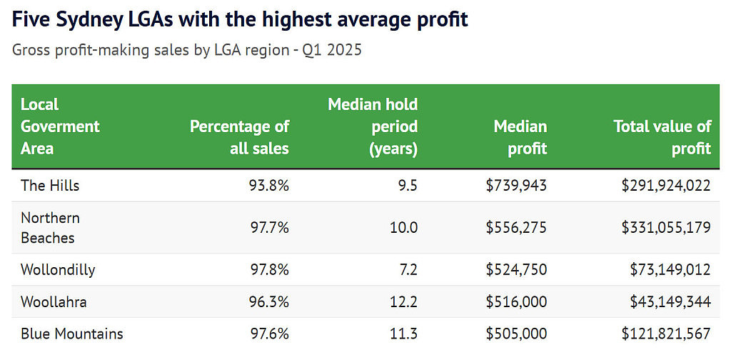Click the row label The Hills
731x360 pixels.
pos(50,186)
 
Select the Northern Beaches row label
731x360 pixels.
pos(51,228)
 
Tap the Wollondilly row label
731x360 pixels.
pos(58,269)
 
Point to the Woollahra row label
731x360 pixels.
pos(54,301)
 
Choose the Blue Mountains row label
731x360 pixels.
pos(72,334)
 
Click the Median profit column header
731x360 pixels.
pos(520,138)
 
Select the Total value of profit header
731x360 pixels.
pos(662,138)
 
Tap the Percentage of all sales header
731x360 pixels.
pos(240,138)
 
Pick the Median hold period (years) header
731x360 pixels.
pos(373,126)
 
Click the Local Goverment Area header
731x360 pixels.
pos(60,126)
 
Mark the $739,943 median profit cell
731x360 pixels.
pos(516,186)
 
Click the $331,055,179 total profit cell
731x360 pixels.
pos(666,228)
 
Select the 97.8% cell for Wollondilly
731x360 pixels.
pos(268,269)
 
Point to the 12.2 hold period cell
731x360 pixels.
pos(404,301)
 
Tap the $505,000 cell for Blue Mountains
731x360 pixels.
pos(516,334)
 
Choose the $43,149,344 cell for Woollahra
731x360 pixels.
pos(670,301)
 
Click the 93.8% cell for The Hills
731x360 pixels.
pos(268,186)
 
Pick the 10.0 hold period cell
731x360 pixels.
pos(404,228)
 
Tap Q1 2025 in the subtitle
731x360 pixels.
pos(332,50)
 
